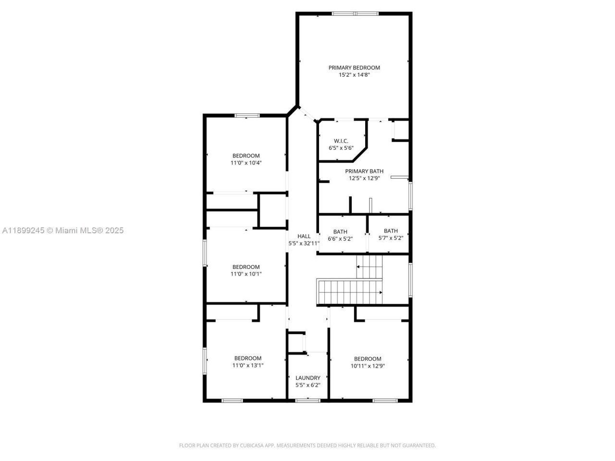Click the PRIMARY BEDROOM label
pyautogui.click(x=354, y=68)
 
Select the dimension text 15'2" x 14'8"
pyautogui.click(x=354, y=75)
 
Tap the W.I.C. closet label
pyautogui.click(x=341, y=141)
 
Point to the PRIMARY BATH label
pyautogui.click(x=364, y=171)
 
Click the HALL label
pyautogui.click(x=304, y=236)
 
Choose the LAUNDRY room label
pyautogui.click(x=307, y=378)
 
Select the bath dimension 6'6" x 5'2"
pyautogui.click(x=340, y=239)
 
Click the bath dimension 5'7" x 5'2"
pyautogui.click(x=391, y=238)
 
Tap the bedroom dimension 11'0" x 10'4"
pyautogui.click(x=246, y=163)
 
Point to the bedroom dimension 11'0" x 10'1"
pyautogui.click(x=246, y=274)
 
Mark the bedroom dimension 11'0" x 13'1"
pyautogui.click(x=248, y=365)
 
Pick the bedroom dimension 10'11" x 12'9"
pyautogui.click(x=368, y=366)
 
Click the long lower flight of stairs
pyautogui.click(x=350, y=292)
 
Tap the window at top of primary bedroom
pyautogui.click(x=355, y=13)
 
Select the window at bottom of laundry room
pyautogui.click(x=307, y=400)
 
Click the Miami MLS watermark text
pyautogui.click(x=63, y=230)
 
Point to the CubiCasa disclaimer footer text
pyautogui.click(x=307, y=446)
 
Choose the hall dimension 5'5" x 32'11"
pyautogui.click(x=304, y=243)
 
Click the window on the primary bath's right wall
pyautogui.click(x=410, y=195)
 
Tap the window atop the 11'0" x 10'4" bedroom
pyautogui.click(x=247, y=115)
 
